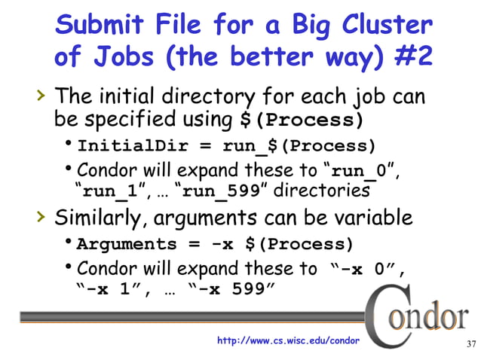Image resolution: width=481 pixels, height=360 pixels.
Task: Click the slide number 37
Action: point(470,345)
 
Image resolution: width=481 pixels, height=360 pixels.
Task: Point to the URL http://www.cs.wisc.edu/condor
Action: point(288,342)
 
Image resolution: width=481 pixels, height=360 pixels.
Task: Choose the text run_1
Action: point(109,191)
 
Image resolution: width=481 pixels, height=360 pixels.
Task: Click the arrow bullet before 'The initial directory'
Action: point(41,96)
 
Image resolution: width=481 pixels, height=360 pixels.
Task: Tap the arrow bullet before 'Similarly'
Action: point(41,218)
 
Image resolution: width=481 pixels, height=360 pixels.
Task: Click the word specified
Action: point(127,121)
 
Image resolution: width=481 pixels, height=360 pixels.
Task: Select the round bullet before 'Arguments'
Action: point(69,243)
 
